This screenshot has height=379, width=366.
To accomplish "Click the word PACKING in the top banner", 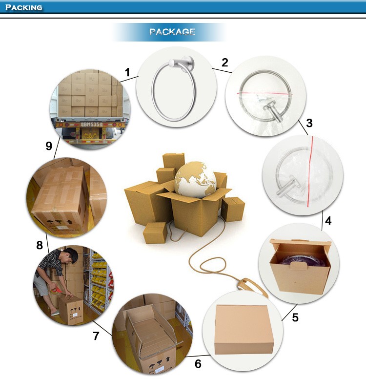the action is (x=24, y=7).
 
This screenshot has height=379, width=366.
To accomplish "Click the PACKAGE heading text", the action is (x=172, y=32).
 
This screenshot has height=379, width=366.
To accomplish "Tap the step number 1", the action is (x=127, y=72).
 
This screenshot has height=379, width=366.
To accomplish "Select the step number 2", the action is (x=224, y=63).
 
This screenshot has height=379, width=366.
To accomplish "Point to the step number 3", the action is (x=309, y=123).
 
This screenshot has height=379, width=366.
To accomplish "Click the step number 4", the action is (x=328, y=221).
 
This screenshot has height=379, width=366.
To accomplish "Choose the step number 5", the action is (x=295, y=317).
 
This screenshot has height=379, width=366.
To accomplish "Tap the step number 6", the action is (x=198, y=363).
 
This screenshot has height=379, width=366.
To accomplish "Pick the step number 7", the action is (x=96, y=336).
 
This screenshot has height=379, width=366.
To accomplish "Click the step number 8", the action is (x=40, y=245).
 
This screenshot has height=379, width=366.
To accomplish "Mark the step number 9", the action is (x=49, y=146).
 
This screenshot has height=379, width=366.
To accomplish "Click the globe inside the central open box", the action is (x=195, y=180).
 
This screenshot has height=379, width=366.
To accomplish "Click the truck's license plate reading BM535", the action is (x=92, y=124).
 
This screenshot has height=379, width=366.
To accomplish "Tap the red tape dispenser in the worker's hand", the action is (x=56, y=289).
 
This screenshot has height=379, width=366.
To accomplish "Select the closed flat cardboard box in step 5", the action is (x=244, y=329).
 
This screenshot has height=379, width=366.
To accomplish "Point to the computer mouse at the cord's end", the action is (x=251, y=287).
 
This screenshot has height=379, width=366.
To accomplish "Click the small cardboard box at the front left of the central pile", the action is (x=155, y=232).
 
